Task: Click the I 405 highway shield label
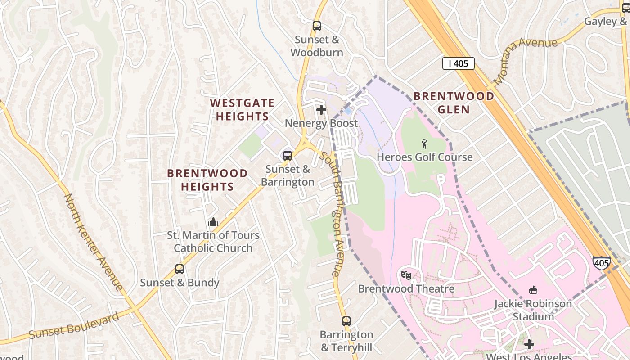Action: (458, 63)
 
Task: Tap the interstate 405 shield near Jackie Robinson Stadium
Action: (601, 262)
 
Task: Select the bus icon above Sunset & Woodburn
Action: (317, 26)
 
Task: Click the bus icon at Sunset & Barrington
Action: (288, 156)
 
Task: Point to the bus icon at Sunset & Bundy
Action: (180, 269)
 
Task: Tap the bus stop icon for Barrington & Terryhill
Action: (346, 321)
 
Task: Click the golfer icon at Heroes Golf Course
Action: (424, 144)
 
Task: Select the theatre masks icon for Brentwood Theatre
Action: (406, 274)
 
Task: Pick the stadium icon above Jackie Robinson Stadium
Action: (533, 290)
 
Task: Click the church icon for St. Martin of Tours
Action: (213, 222)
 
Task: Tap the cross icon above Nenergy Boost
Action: (321, 110)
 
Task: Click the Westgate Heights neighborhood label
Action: (242, 110)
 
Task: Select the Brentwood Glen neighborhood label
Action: (454, 103)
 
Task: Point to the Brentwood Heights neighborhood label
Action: (207, 180)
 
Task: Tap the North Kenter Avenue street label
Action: (93, 242)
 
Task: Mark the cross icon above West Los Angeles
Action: (529, 345)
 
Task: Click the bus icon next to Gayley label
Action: (626, 8)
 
